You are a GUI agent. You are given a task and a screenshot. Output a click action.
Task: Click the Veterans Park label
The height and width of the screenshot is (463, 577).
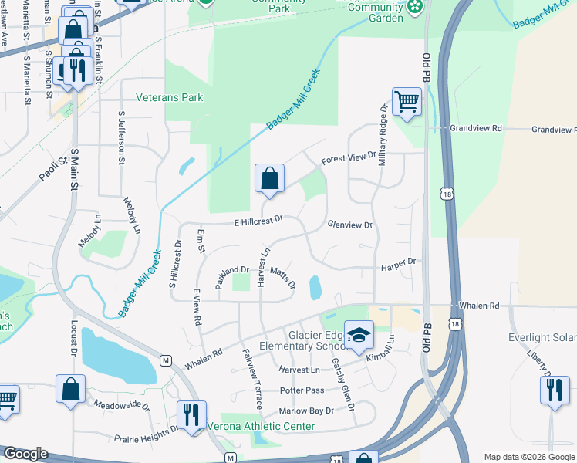[169, 98]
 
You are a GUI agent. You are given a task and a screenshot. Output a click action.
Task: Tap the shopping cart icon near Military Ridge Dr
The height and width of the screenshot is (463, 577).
[406, 101]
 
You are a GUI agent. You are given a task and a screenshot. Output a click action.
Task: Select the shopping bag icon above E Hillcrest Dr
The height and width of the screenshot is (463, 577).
[269, 179]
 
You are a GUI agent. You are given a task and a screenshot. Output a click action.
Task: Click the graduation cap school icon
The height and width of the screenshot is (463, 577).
[358, 336]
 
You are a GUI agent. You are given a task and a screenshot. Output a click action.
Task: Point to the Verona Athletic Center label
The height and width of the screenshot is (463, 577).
[260, 426]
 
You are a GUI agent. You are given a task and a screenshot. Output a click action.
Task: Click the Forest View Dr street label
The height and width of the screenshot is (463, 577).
[349, 157]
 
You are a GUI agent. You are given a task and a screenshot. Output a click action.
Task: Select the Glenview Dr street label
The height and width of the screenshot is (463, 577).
[350, 225]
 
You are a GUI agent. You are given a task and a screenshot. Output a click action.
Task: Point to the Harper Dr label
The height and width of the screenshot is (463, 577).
[398, 263]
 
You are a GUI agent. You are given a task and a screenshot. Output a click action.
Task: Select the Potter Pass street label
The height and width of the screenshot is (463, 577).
[302, 390]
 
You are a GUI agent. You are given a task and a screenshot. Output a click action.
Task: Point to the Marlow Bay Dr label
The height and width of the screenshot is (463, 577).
[307, 411]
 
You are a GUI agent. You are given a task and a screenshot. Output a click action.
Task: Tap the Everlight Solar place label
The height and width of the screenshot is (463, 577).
[542, 337]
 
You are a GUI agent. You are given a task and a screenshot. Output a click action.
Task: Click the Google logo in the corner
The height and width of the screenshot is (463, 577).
[25, 454]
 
